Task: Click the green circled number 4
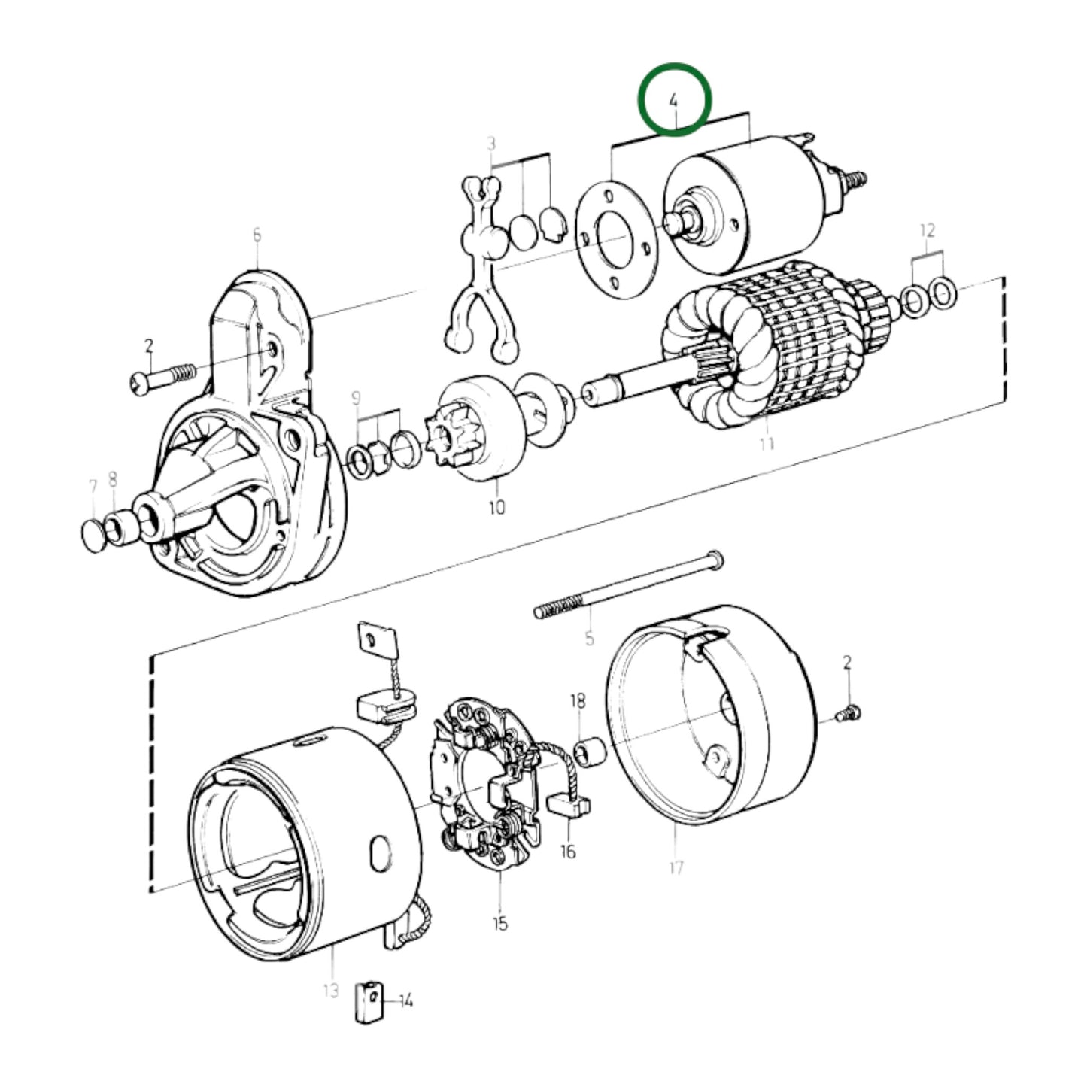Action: point(674,99)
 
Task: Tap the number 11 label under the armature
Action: point(766,444)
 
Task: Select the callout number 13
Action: point(331,991)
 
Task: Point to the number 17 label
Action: point(676,867)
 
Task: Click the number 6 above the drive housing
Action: point(257,235)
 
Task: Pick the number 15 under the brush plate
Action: point(500,923)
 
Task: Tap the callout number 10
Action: point(496,507)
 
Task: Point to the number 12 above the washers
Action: point(927,230)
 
